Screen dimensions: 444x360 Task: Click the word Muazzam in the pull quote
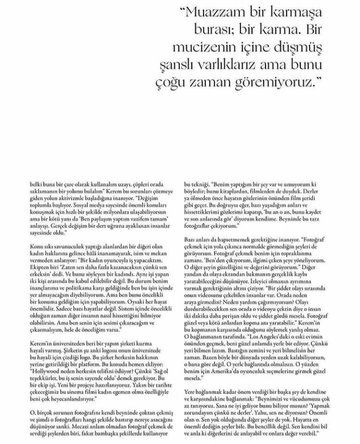[x=184, y=12]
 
